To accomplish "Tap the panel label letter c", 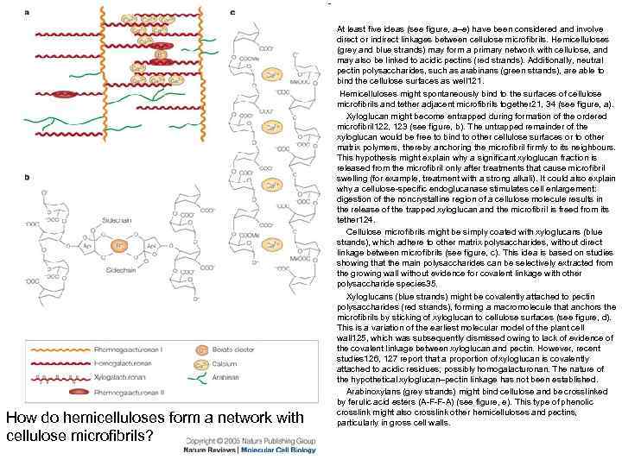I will coord(233,13).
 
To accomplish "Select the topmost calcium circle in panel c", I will coord(272,74).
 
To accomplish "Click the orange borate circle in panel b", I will coord(119,246).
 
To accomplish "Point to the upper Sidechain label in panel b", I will coord(116,220).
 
